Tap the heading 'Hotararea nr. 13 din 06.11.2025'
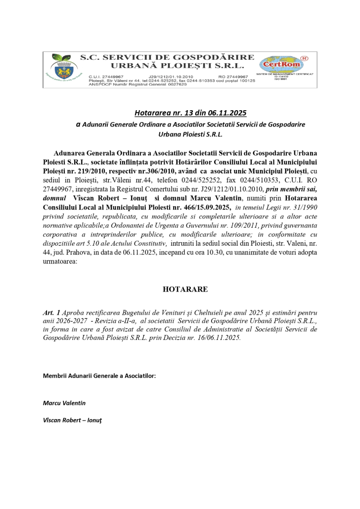[190, 113]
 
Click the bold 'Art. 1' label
[51, 313]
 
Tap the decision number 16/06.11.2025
[216, 338]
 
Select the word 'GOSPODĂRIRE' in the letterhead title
[219, 58]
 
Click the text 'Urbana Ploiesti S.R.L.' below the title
[190, 133]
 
